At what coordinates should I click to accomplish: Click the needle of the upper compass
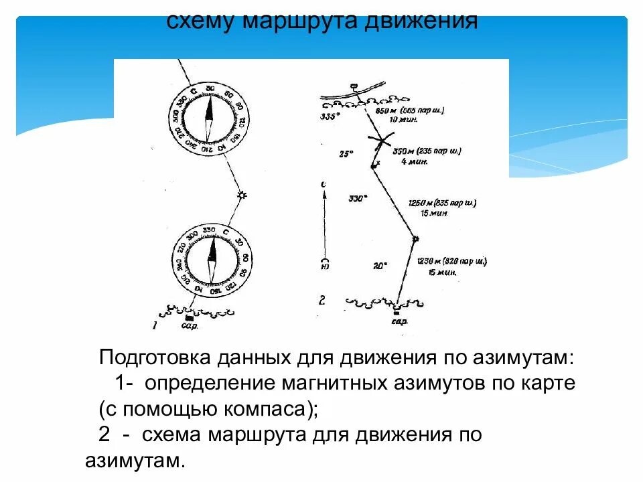click(x=209, y=118)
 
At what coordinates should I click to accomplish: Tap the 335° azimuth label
click(x=331, y=116)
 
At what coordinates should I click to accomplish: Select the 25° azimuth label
click(x=346, y=153)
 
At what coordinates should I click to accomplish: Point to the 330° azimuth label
click(x=358, y=198)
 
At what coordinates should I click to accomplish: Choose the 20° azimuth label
click(x=380, y=266)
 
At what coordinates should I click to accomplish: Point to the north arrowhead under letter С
click(x=324, y=194)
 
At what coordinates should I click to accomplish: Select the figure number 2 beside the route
click(x=322, y=300)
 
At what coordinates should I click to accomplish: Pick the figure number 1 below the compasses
click(x=155, y=326)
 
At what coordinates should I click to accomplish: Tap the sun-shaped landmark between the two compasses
click(x=242, y=195)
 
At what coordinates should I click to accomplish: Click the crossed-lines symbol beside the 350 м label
click(x=382, y=141)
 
